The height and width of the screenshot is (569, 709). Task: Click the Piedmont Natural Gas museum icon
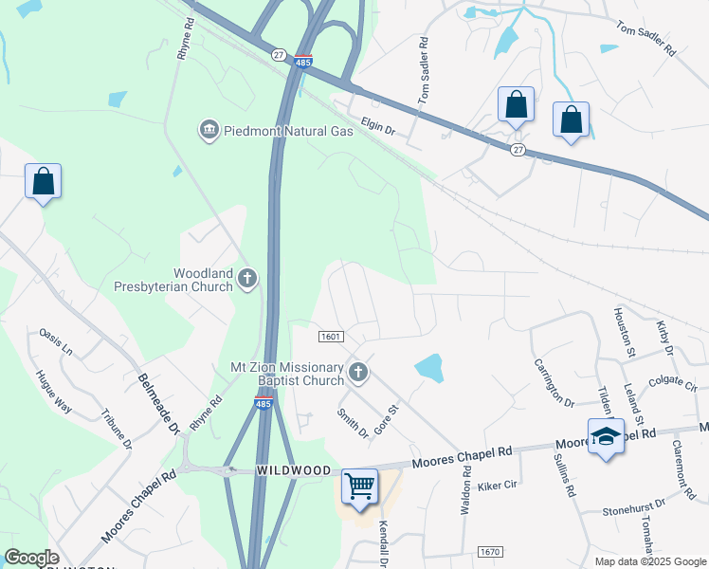click(208, 130)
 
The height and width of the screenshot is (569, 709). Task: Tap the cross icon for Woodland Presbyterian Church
click(246, 279)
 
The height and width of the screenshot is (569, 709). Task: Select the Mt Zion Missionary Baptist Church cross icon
click(357, 373)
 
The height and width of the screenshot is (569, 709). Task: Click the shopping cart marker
click(359, 486)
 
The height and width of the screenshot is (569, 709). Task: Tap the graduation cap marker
click(605, 436)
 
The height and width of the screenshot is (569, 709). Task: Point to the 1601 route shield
click(330, 337)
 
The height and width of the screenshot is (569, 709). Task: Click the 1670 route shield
click(489, 552)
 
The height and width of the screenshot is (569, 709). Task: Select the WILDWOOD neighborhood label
click(294, 471)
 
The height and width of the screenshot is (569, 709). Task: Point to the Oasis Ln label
click(56, 341)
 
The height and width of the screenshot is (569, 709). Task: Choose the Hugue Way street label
click(55, 391)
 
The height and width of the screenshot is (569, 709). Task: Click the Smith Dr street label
click(352, 423)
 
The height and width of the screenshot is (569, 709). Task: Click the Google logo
click(31, 558)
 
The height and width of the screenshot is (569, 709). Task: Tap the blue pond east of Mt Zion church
click(428, 367)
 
